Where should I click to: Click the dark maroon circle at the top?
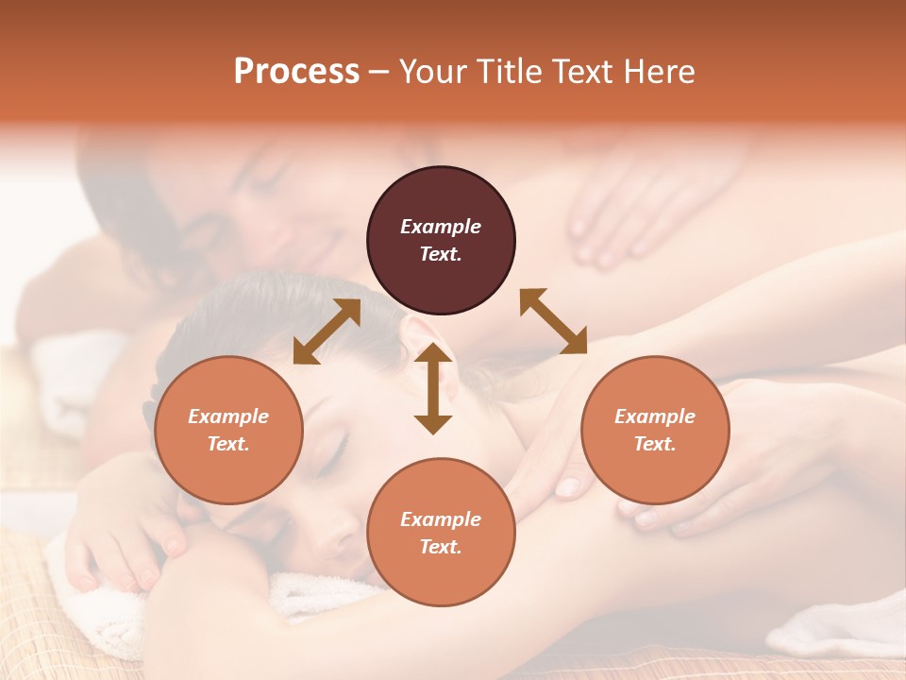coord(441,240)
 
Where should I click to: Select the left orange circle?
coord(228,430)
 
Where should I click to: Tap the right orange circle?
coord(655,430)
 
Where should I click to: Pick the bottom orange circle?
coord(441,533)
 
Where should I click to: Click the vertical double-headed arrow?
coord(433,388)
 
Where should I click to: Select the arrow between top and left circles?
coord(327,331)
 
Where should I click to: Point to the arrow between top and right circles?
coord(553,321)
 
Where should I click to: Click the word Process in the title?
coord(296,71)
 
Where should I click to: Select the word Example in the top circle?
coord(441,227)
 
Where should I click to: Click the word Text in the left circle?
coord(228,444)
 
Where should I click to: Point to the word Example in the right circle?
coord(655,416)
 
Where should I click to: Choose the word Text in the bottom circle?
coord(441,547)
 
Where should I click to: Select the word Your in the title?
coord(430,71)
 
